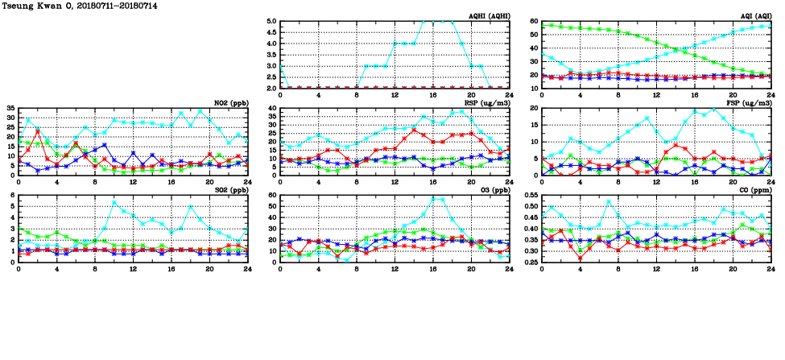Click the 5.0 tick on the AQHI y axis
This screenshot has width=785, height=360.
(271, 22)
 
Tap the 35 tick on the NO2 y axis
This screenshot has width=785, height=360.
(10, 108)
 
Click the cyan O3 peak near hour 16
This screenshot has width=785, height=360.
(433, 198)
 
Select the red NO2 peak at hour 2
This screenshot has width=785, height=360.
(38, 130)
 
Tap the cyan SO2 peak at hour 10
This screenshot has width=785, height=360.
(114, 202)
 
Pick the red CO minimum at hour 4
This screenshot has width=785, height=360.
(580, 258)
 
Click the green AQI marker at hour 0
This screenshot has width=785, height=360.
(542, 26)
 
